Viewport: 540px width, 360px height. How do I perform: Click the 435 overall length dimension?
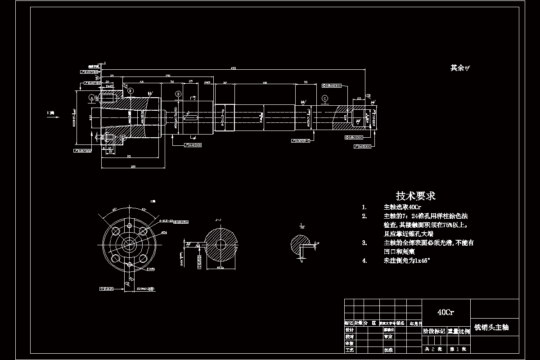click(233, 68)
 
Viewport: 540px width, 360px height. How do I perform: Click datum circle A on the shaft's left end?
click(91, 97)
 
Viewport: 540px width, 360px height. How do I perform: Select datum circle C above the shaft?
click(325, 98)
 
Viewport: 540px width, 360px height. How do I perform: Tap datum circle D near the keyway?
click(178, 94)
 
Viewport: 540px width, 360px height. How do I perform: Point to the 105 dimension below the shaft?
click(133, 166)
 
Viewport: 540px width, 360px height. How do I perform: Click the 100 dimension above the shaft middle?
click(264, 83)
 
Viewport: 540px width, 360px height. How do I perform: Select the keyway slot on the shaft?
click(191, 118)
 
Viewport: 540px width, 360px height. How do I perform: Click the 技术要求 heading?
click(415, 196)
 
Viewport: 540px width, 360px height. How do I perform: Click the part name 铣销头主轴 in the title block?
click(491, 328)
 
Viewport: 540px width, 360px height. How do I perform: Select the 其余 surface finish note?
click(460, 68)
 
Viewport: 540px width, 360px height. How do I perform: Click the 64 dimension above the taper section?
click(141, 82)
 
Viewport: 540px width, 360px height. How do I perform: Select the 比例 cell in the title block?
click(464, 331)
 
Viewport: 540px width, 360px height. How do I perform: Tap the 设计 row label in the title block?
click(349, 330)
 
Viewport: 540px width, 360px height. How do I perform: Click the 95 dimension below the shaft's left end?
click(129, 156)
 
